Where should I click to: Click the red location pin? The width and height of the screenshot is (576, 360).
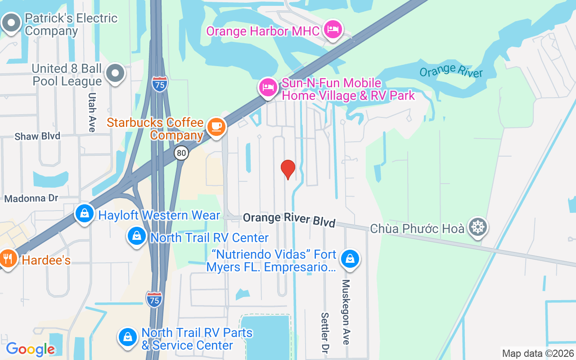coord(288,169)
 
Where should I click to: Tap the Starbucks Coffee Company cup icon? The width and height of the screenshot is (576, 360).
coord(216,127)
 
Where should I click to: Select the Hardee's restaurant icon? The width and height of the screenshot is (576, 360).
coord(8,259)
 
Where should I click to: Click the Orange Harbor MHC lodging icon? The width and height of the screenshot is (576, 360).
coord(333,30)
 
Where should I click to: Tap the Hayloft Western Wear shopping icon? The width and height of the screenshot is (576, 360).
coord(85,214)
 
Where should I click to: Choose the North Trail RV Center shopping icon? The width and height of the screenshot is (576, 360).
coord(137,236)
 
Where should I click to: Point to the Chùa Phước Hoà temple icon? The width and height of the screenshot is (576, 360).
coord(477,227)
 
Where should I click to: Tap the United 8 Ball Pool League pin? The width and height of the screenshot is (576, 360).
coord(116,73)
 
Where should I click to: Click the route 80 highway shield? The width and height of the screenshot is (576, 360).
coord(181,153)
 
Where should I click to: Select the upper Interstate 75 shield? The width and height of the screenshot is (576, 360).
coord(160,84)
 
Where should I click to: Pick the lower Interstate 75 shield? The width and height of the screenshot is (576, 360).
coord(154,299)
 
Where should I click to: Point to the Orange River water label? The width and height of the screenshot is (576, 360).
coord(450,71)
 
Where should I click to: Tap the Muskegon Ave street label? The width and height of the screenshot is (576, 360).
coord(346,311)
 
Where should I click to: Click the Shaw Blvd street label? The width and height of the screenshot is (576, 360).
coord(37,136)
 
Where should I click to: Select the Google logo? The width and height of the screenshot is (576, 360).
coord(31,349)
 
